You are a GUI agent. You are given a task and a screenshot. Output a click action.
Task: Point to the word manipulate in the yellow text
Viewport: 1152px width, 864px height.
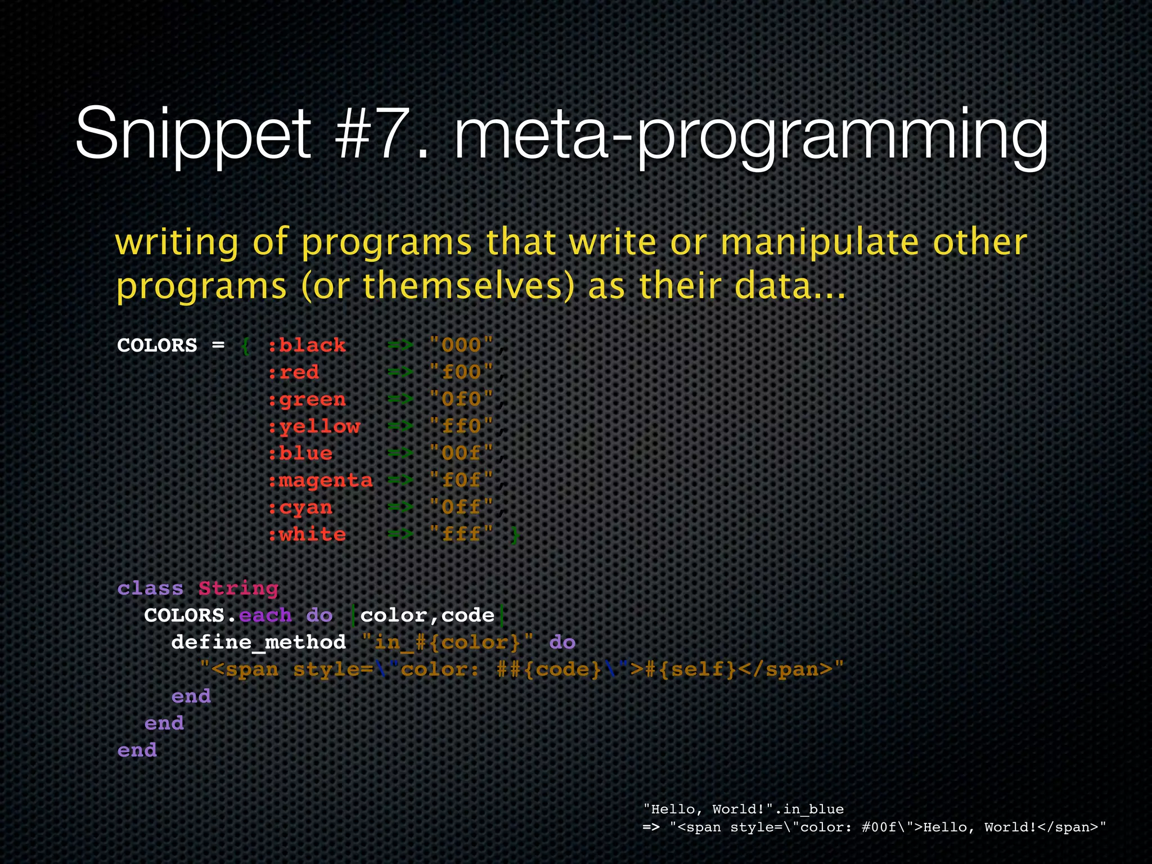[x=819, y=242]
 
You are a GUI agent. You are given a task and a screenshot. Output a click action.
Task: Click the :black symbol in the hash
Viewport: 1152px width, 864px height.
[x=307, y=345]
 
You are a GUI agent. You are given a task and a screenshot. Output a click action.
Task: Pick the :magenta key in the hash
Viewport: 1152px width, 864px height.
[x=320, y=480]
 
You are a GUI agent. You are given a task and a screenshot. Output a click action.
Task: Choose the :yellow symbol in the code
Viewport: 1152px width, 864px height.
[x=314, y=426]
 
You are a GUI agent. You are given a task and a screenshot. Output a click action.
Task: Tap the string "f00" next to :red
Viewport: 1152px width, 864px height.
[x=461, y=372]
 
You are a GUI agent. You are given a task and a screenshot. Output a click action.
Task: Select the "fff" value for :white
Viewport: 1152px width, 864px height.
[x=461, y=534]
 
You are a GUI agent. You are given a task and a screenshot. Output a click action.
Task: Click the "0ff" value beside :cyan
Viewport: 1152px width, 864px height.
[x=461, y=507]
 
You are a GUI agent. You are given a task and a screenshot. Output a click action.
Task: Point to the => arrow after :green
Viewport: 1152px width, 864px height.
[x=400, y=399]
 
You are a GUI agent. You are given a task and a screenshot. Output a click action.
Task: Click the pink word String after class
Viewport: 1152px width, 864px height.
[x=238, y=588]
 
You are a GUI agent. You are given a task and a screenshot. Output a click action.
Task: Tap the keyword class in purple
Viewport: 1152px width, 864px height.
[x=150, y=588]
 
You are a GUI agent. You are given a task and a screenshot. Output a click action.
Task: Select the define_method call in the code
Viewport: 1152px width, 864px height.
[x=258, y=642]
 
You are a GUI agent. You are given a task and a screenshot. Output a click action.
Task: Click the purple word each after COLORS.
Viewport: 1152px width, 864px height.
[x=265, y=615]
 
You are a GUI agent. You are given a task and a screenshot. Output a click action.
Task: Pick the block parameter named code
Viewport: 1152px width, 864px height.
[x=467, y=615]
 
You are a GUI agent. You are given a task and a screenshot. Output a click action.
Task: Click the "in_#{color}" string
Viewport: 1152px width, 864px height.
[x=448, y=642]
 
